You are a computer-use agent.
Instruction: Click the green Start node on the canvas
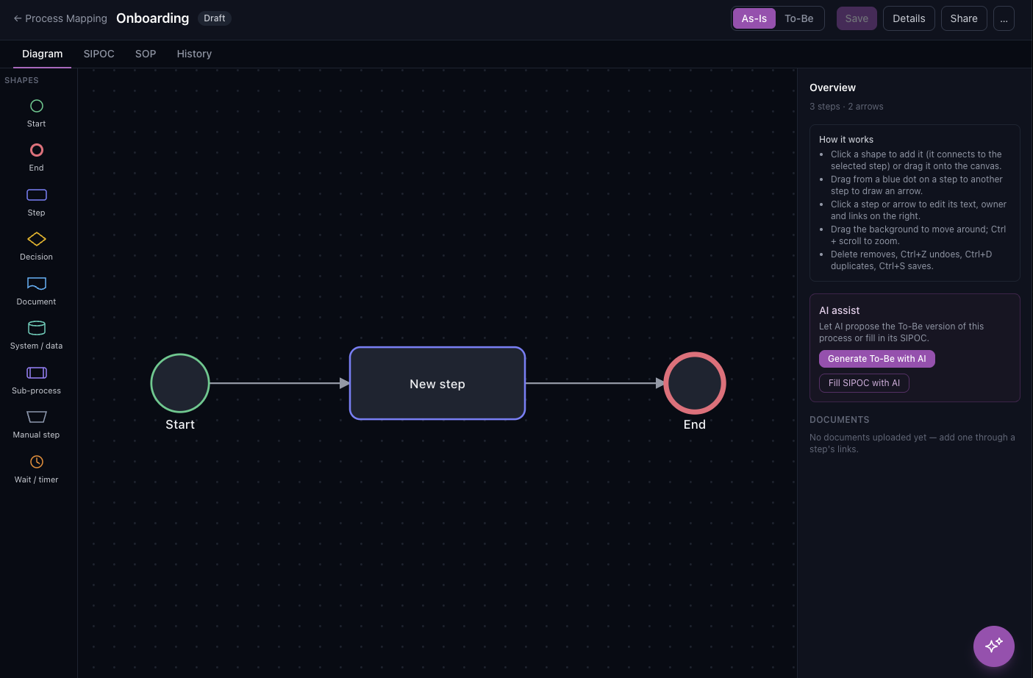180,383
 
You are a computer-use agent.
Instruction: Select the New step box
437,383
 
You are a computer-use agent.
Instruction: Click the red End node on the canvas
695,383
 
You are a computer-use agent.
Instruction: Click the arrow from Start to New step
279,383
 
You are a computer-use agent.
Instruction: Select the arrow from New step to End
595,383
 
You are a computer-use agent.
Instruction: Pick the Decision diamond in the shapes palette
37,239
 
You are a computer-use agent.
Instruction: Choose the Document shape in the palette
37,283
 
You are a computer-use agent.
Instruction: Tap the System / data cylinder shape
37,328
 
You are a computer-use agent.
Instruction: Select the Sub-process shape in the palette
37,373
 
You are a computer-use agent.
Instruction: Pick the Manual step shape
37,417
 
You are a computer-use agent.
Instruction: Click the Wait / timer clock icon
37,462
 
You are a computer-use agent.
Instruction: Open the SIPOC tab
99,54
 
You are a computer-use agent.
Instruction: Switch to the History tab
194,54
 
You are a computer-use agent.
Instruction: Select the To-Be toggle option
798,18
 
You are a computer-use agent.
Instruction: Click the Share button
964,18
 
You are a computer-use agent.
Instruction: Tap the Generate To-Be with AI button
876,359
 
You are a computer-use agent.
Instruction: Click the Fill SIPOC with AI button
864,383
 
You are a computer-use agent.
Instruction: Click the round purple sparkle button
993,646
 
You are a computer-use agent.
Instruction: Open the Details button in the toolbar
909,18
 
